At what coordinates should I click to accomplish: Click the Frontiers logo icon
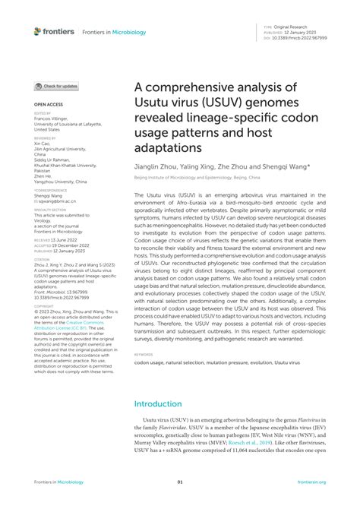pyautogui.click(x=38, y=31)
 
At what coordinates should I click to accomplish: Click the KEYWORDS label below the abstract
pyautogui.click(x=144, y=375)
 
